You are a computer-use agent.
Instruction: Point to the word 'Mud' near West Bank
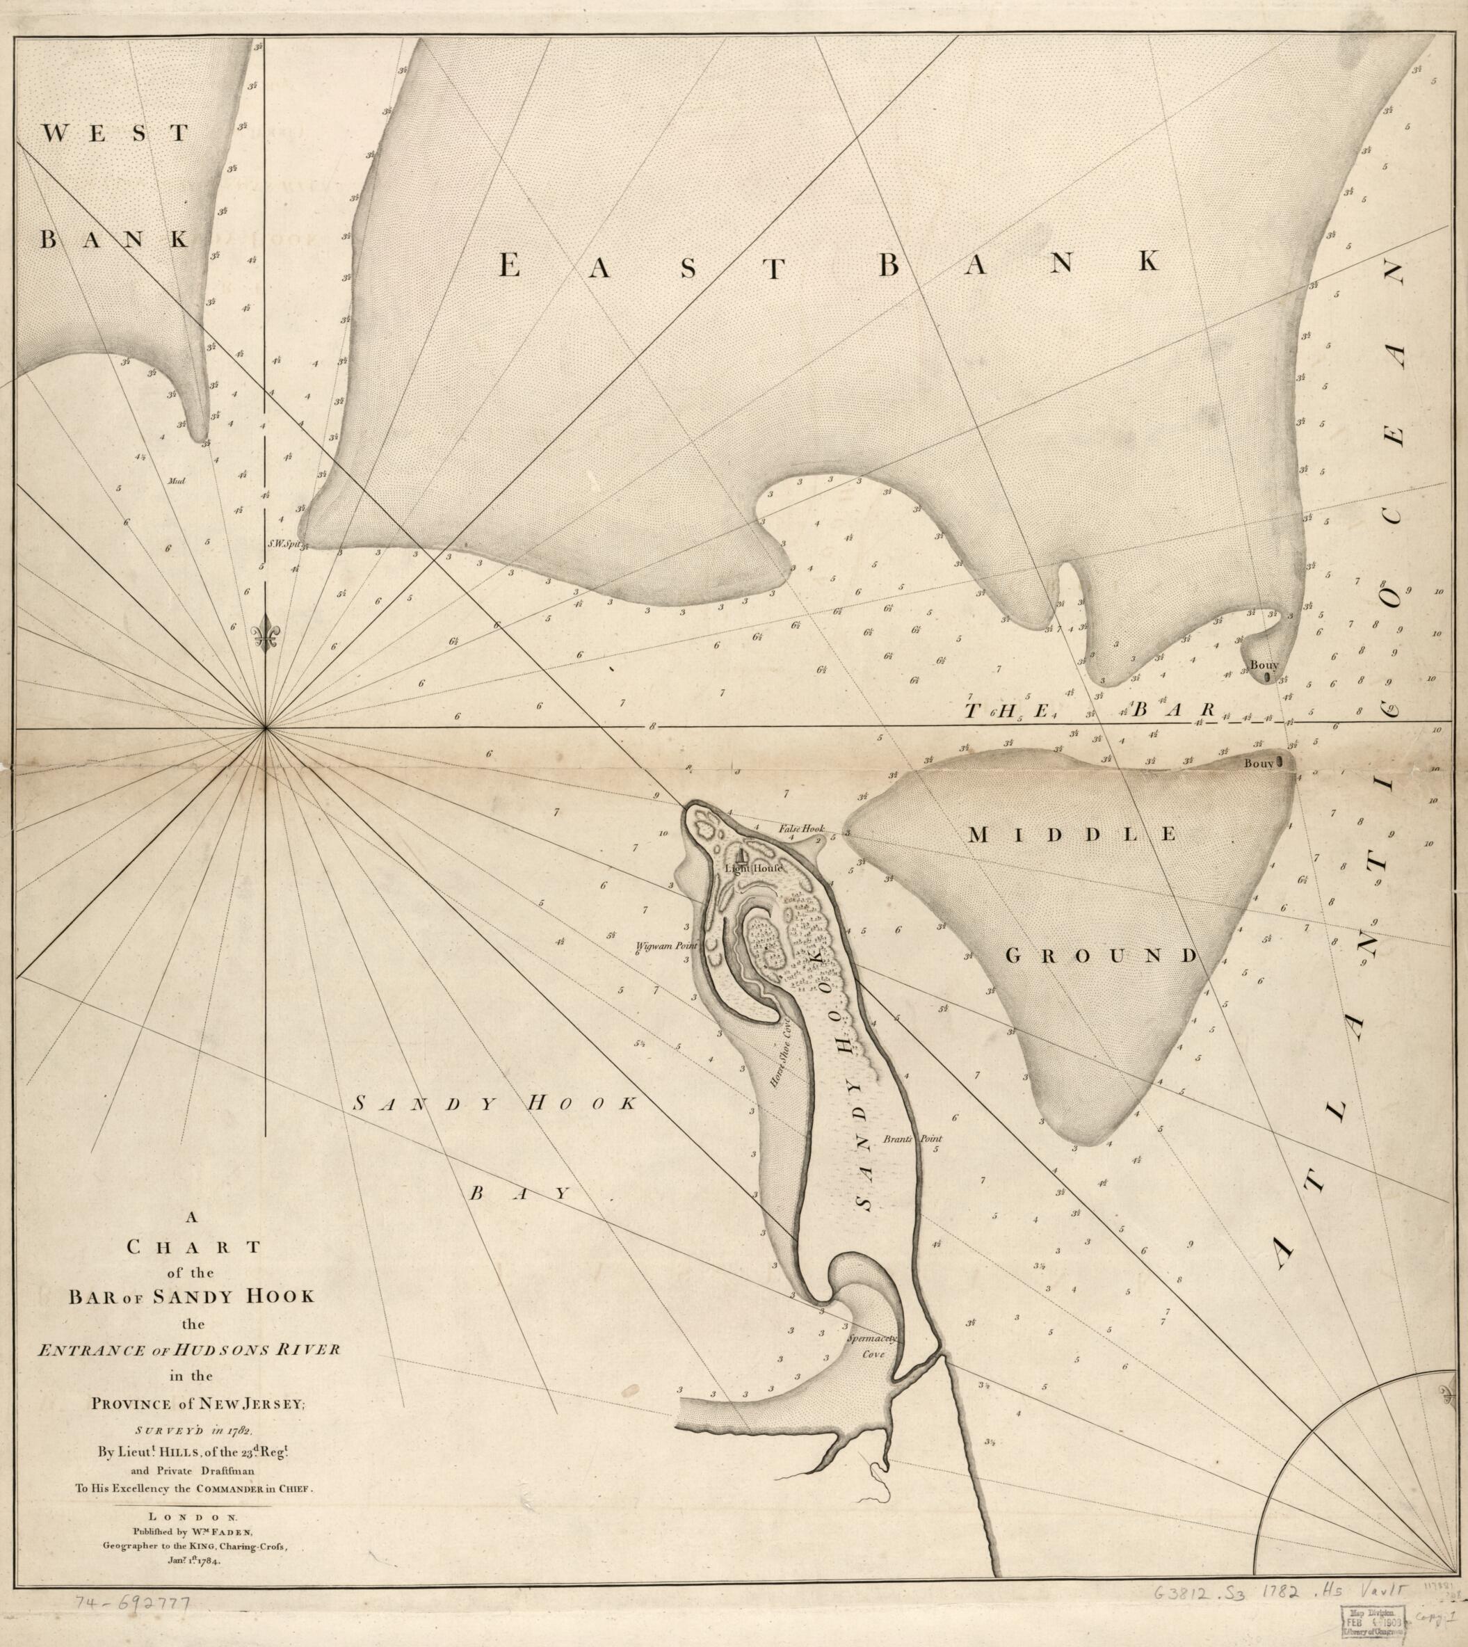click(x=177, y=481)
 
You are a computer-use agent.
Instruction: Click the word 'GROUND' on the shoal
click(x=1102, y=956)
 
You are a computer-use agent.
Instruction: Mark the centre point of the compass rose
click(x=266, y=729)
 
